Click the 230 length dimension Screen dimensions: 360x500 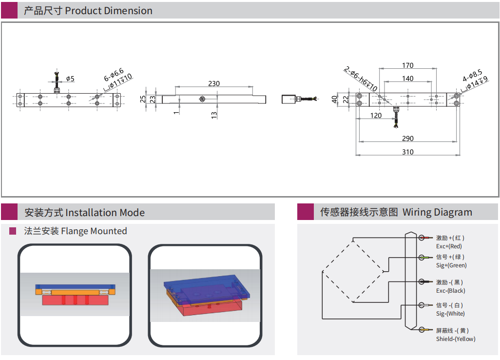pos(214,83)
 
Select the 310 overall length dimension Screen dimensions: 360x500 pos(408,152)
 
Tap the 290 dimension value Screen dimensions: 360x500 pos(408,139)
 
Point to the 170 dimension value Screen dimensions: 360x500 pos(408,65)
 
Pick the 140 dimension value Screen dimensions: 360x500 pos(408,78)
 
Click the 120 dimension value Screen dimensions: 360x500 pos(376,116)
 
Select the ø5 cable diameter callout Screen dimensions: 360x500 pos(70,79)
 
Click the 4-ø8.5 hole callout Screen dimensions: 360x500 pos(472,76)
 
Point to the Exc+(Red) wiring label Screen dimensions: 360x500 pos(449,246)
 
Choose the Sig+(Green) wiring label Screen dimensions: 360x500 pos(451,265)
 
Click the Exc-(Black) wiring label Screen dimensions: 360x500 pos(451,291)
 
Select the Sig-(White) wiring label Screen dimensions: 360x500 pos(450,314)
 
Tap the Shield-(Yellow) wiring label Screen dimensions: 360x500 pos(456,339)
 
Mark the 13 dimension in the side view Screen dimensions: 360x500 pos(214,115)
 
